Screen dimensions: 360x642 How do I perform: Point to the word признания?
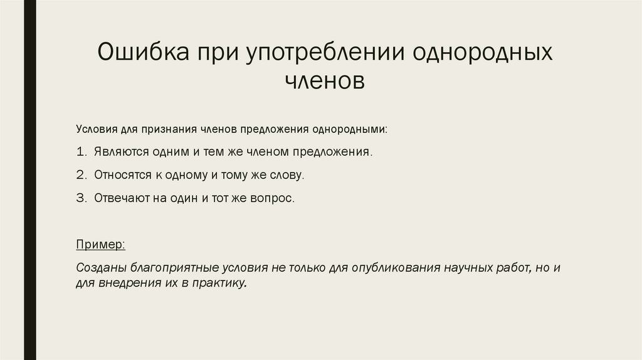tap(171, 129)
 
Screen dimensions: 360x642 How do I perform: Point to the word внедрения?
tap(122, 283)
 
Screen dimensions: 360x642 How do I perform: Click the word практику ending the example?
tap(220, 283)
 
